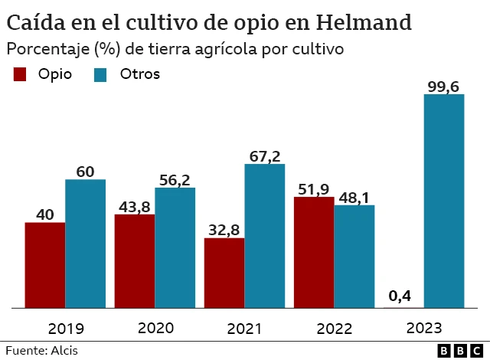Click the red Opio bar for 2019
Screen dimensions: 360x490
(x=44, y=265)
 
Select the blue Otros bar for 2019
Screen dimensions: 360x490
(x=85, y=244)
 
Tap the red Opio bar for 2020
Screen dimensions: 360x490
(x=134, y=261)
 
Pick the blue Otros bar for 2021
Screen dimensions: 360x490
(x=264, y=236)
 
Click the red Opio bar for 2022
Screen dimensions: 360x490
(x=314, y=252)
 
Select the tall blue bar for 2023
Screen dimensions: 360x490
(x=444, y=201)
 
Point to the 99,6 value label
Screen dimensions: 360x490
(x=443, y=87)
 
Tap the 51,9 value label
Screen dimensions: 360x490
(x=314, y=188)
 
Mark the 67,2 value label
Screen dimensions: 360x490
(x=265, y=155)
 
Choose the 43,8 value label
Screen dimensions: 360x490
(x=134, y=206)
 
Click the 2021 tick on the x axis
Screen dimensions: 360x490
(x=244, y=329)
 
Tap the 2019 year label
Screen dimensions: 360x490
(x=65, y=329)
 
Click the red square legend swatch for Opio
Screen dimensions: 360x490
(x=20, y=74)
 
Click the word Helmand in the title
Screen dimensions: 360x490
(x=361, y=21)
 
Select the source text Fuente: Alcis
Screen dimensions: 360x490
(x=41, y=351)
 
